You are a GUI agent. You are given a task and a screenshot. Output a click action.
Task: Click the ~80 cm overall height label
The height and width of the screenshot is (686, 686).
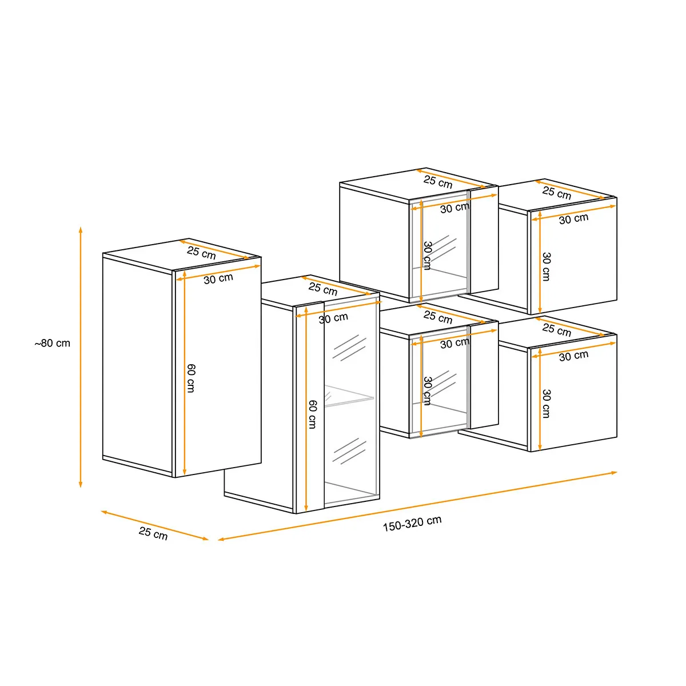coord(53,343)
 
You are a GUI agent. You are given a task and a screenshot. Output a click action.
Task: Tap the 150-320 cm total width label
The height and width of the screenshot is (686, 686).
coord(412,524)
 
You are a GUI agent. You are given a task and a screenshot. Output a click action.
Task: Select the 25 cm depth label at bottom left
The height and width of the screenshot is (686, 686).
coord(153,533)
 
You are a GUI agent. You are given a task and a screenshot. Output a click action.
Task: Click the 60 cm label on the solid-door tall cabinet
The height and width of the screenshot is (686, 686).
coord(191,378)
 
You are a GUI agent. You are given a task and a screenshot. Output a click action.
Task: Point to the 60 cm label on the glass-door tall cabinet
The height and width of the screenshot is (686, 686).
coord(312,414)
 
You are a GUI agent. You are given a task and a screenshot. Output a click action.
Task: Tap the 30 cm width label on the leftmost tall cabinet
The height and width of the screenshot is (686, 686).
coord(218,278)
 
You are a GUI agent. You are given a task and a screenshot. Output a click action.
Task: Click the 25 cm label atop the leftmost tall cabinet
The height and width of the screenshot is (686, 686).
coord(201,253)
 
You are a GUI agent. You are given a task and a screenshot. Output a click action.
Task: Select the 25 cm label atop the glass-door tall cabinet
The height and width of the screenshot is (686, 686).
coord(323,289)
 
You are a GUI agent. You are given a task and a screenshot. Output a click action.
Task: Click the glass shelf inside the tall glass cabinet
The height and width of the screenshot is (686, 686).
coord(349,396)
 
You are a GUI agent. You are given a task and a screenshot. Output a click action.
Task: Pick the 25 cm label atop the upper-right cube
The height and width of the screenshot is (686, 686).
coord(556,193)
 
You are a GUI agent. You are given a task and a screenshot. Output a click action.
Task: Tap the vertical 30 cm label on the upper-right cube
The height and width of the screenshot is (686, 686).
coord(547,266)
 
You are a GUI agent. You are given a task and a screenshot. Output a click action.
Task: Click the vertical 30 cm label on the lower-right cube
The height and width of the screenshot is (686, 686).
coord(547,404)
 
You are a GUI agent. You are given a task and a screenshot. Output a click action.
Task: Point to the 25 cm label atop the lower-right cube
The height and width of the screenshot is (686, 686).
coord(556,330)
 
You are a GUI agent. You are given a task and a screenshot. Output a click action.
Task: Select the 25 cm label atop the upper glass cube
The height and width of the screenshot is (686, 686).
coord(438,182)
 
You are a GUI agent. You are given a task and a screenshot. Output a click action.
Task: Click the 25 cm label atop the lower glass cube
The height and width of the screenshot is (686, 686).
coord(438,317)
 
